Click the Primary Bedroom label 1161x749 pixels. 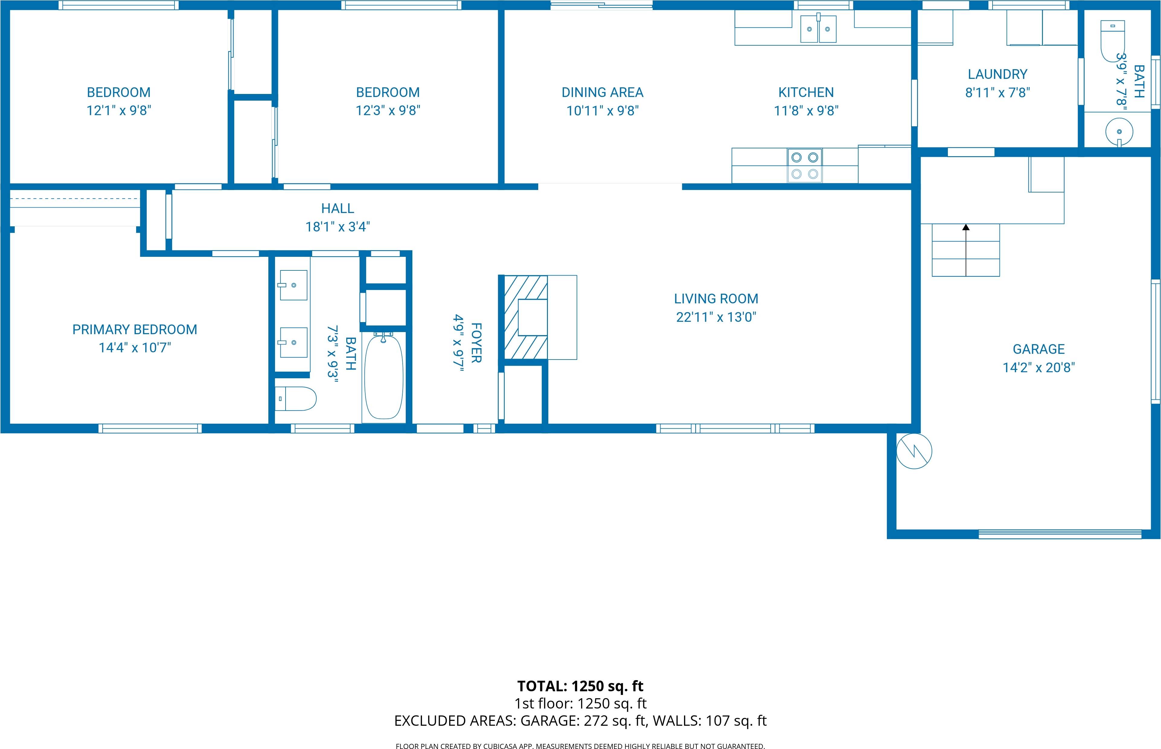coord(135,329)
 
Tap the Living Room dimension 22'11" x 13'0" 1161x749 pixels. coord(716,317)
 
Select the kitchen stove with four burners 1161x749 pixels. coord(804,165)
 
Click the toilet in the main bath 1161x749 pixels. coord(296,399)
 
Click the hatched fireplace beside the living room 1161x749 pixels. coord(525,318)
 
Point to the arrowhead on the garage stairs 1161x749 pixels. coord(966,227)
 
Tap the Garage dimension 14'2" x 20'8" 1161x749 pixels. coord(1038,368)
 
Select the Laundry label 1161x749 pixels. coord(997,74)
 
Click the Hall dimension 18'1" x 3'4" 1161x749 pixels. coord(337,227)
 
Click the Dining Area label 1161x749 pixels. coord(602,92)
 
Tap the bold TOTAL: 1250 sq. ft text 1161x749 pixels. coord(580,686)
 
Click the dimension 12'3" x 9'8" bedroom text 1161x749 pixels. coord(388,110)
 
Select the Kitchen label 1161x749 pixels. coord(806,92)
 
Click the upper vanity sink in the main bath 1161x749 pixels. coord(293,286)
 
